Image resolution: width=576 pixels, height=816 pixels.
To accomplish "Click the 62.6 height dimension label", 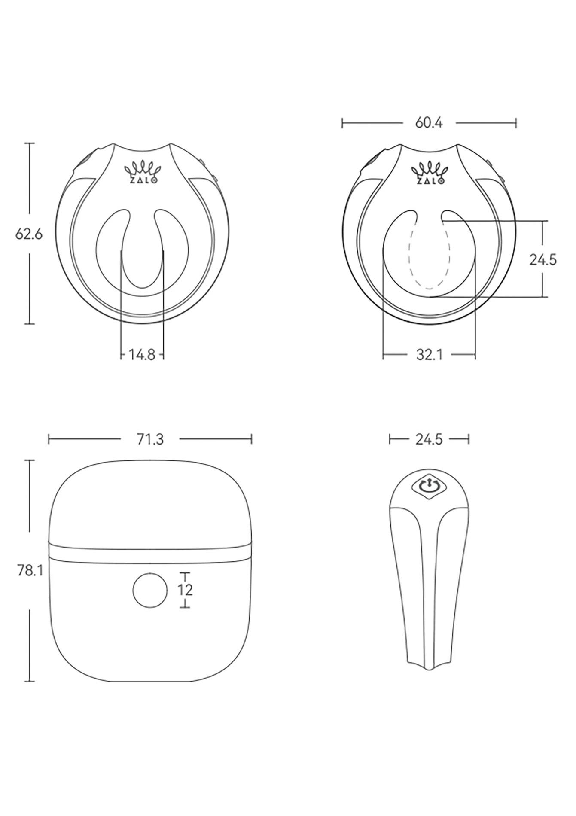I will coord(29,234).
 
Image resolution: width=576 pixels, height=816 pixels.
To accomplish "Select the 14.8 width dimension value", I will coord(142,355).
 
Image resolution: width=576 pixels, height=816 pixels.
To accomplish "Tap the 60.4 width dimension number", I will coord(429,123).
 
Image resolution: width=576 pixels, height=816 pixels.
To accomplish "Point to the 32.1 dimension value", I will coord(429,355).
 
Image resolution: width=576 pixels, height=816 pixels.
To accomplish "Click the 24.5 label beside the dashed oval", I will coord(542,259).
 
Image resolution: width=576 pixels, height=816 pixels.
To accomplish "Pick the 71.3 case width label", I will coord(150,439).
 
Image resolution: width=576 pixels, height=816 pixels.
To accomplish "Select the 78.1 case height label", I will coord(30,570).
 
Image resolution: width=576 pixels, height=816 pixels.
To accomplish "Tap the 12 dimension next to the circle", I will coord(185,590).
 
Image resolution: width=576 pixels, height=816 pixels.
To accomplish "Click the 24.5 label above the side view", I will coord(429,439).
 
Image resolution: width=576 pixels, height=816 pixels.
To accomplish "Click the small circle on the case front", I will coord(150,591).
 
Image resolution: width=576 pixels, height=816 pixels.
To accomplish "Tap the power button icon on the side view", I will coord(429,487).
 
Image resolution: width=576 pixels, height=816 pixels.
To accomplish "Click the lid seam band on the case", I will coord(150,552).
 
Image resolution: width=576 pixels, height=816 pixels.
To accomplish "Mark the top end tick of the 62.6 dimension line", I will coord(29,143).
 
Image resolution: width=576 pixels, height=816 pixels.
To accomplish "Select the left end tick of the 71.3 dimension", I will coord(49,439).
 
